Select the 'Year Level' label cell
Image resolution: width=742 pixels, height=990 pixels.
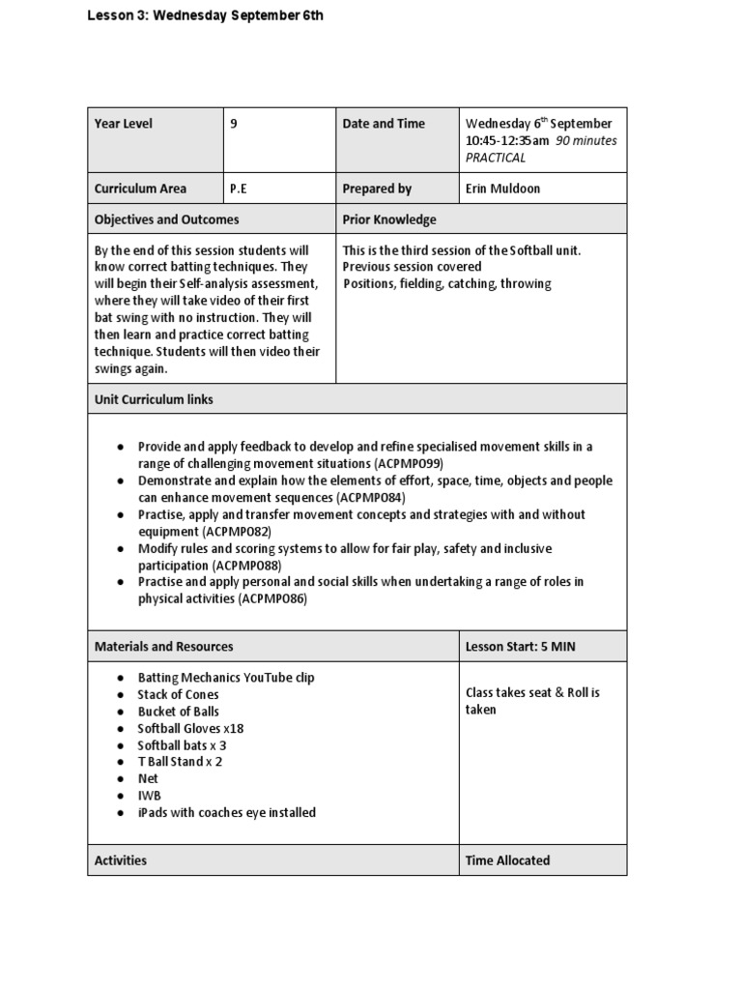124,124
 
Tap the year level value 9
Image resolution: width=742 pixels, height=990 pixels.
235,124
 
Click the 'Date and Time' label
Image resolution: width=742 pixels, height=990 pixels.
384,124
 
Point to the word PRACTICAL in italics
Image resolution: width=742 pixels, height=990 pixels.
496,158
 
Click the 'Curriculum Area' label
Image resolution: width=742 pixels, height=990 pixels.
140,189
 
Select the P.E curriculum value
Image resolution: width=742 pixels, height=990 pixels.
239,189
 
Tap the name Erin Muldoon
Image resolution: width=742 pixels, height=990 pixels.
502,189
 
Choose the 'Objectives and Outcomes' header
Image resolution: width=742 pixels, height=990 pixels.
166,219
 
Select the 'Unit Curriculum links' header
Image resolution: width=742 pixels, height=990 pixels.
154,399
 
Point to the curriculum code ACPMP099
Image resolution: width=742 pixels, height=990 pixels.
415,463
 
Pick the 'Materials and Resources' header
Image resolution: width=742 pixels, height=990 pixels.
163,647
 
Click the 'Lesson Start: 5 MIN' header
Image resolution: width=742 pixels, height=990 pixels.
520,647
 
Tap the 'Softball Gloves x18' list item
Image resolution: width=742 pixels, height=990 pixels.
188,728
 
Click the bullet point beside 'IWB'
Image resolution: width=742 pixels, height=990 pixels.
119,796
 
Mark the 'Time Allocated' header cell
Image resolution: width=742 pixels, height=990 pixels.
507,860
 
